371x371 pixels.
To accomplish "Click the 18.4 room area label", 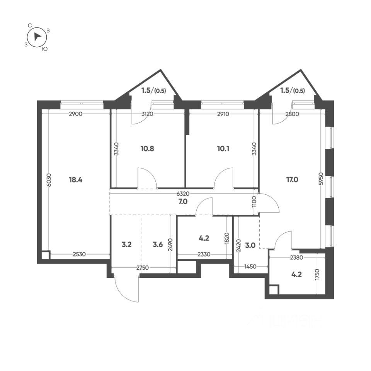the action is click(76, 180).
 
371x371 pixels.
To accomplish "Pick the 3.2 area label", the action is click(127, 244).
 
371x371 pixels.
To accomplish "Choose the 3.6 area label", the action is click(158, 244).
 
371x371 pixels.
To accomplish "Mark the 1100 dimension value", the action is click(254, 202).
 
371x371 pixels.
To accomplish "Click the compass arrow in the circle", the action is click(37, 37).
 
